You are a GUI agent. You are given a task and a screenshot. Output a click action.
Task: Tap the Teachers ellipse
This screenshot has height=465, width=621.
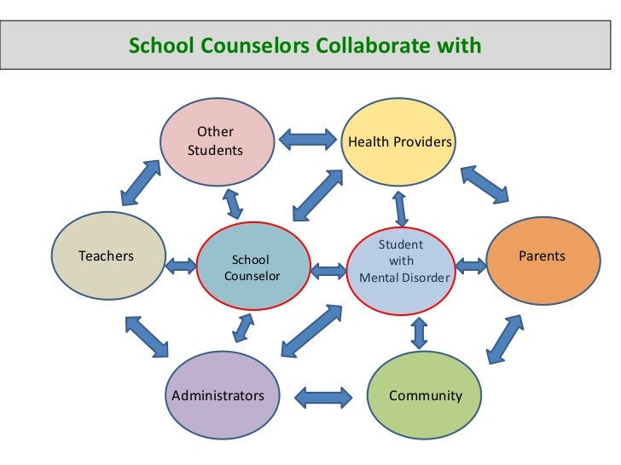[107, 255]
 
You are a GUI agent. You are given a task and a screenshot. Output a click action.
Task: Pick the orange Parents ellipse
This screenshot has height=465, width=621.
[542, 256]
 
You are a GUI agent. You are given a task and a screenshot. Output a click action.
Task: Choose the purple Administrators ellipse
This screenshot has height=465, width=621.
[218, 395]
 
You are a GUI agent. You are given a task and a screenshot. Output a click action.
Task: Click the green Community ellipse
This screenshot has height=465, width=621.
[425, 395]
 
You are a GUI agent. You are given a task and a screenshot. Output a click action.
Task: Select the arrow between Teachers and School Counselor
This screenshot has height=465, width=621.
[180, 267]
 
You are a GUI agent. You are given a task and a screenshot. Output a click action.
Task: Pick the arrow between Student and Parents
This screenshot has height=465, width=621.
[472, 266]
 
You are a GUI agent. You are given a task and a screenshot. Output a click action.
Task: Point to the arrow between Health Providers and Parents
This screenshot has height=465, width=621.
[485, 183]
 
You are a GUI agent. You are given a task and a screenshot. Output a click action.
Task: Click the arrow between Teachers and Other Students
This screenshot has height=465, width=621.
[141, 181]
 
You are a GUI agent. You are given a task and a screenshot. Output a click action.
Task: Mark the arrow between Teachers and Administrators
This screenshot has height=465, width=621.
[146, 336]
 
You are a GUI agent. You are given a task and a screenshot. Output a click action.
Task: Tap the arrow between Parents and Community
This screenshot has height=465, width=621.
[504, 340]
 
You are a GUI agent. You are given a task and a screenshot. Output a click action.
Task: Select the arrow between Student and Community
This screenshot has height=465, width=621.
[419, 332]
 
